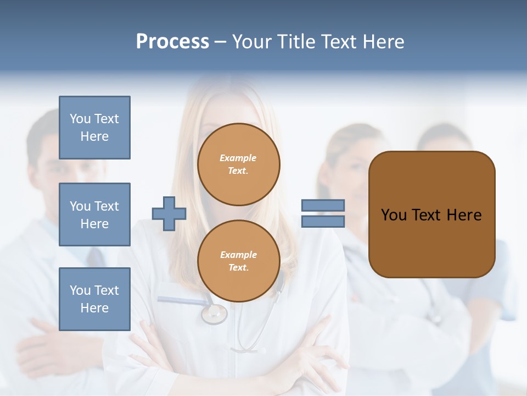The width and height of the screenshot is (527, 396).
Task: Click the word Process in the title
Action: tap(172, 42)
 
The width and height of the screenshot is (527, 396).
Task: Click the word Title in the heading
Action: tap(294, 42)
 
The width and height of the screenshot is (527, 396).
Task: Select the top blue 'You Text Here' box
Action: tap(94, 128)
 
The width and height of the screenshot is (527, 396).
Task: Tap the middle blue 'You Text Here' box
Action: tap(94, 215)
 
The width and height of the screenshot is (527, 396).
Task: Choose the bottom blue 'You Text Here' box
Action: tap(94, 299)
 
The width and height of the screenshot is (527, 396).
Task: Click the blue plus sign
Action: tap(169, 213)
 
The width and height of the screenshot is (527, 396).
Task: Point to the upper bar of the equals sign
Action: tap(323, 205)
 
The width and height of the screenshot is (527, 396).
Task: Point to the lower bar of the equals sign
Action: tap(323, 221)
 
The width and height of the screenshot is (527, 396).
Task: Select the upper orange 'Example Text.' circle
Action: tap(239, 164)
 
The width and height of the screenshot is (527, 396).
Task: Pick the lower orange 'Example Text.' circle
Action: tap(239, 261)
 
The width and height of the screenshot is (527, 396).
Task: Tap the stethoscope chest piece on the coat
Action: tap(214, 313)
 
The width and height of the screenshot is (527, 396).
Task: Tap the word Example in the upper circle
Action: tap(238, 158)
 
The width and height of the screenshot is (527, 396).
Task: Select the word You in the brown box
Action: tap(394, 215)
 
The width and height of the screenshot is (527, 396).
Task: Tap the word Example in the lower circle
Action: tap(238, 255)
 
